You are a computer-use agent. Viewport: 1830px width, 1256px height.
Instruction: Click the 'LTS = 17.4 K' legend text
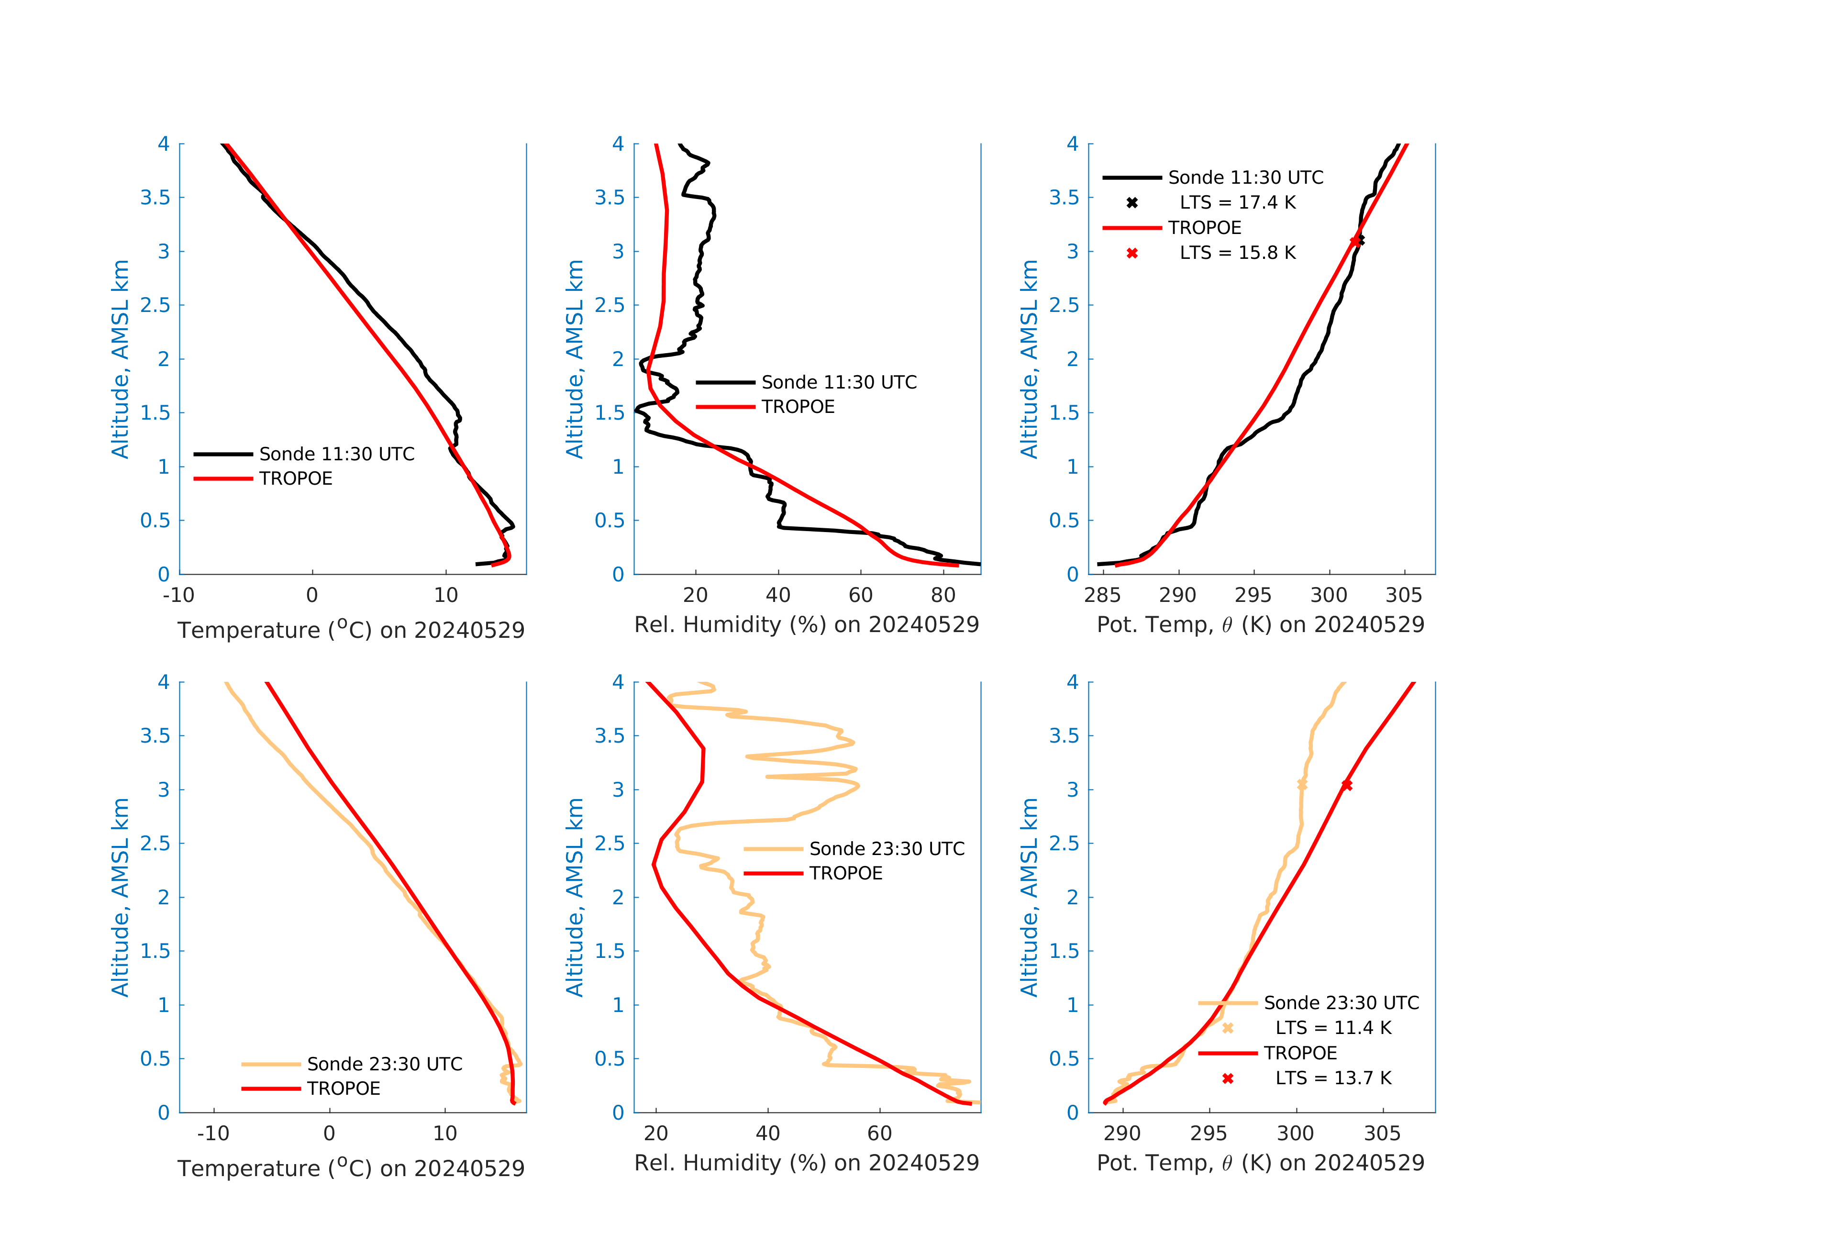[x=1237, y=202]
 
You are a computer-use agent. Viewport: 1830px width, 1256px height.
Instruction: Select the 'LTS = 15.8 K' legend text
[x=1237, y=253]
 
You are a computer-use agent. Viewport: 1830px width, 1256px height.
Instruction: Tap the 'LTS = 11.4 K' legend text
[x=1333, y=1028]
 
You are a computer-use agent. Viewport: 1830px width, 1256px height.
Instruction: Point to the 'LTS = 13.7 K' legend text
[x=1333, y=1078]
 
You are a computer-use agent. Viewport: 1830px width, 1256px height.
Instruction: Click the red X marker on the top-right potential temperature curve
[x=1354, y=241]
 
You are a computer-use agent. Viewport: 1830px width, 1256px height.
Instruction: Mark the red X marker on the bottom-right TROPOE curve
[x=1346, y=785]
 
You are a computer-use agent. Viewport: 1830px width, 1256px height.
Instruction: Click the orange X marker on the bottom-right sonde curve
[x=1302, y=785]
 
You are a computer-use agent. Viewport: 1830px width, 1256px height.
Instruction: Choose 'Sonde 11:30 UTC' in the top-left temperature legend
[x=336, y=455]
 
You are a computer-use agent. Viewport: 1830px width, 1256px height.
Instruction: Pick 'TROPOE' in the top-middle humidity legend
[x=798, y=407]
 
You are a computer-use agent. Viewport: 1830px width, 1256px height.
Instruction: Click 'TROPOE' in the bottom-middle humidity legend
[x=846, y=873]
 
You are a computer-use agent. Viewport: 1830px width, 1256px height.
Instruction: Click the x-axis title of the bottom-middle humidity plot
[x=806, y=1163]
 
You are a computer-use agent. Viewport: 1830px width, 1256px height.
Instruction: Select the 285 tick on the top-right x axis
[x=1102, y=595]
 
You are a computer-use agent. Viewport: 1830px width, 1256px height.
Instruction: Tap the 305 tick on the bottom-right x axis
[x=1382, y=1134]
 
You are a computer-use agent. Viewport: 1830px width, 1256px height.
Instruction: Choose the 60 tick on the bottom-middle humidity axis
[x=879, y=1134]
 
